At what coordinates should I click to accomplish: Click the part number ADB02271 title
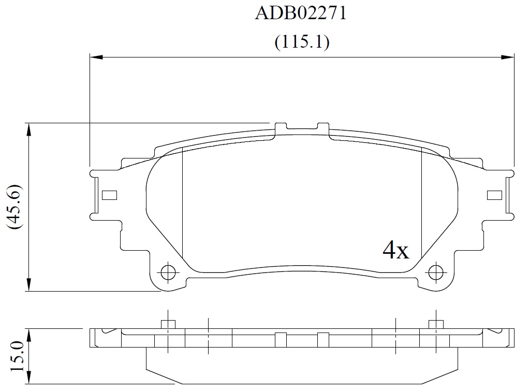click(301, 13)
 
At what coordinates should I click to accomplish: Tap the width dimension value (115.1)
click(302, 42)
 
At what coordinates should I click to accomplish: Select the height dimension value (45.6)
click(15, 207)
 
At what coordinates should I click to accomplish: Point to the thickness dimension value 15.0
click(17, 356)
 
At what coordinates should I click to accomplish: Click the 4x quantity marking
click(395, 250)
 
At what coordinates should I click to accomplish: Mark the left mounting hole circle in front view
click(168, 272)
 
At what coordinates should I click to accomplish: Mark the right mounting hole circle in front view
click(435, 272)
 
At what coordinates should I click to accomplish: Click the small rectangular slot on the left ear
click(109, 195)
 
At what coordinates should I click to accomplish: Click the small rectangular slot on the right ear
click(495, 195)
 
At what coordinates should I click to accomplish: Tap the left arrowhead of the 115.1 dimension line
click(96, 57)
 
